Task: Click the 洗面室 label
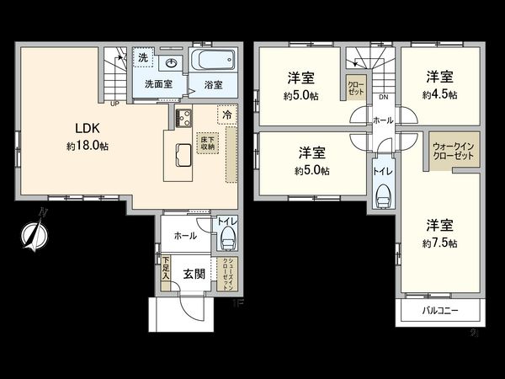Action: pos(157,84)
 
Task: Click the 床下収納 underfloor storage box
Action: pos(207,141)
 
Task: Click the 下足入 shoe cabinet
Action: pos(167,269)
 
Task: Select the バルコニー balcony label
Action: pos(439,312)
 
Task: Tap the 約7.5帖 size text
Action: pos(441,243)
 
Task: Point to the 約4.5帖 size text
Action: pos(441,95)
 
